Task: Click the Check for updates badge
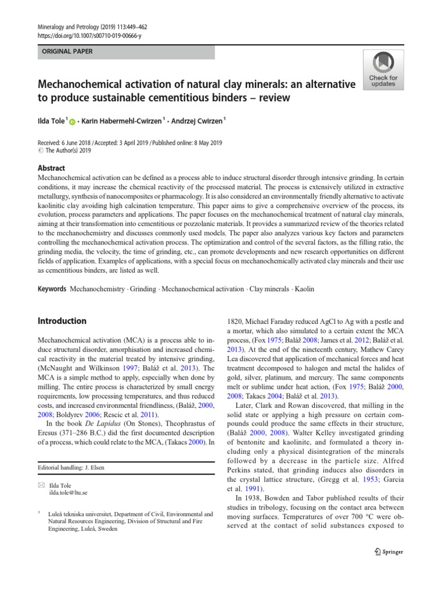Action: tap(383, 70)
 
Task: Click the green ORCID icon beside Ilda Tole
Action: tap(73, 121)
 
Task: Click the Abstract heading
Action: tap(51, 168)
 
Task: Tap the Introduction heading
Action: tap(62, 321)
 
